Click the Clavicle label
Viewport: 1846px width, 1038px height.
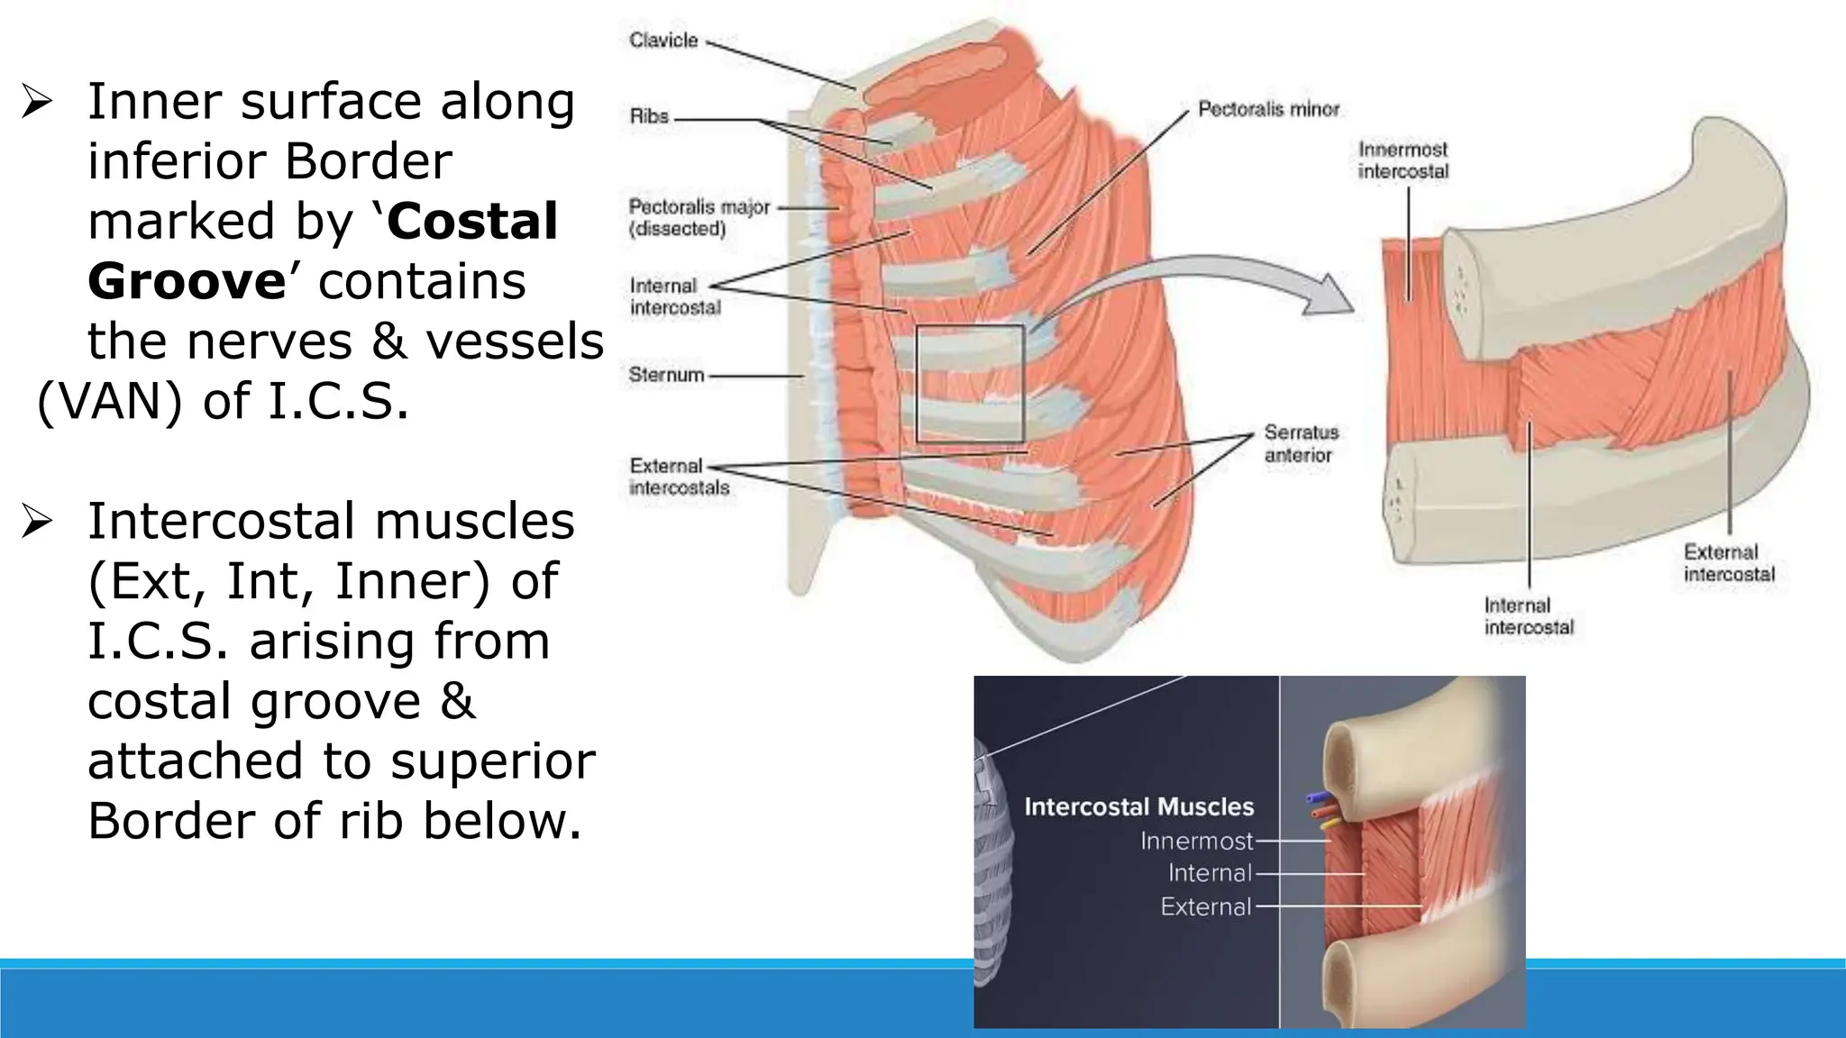[x=663, y=41]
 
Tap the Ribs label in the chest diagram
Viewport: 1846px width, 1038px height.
[x=649, y=116]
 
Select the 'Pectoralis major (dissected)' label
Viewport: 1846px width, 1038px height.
[x=699, y=217]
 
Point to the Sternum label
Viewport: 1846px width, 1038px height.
[x=666, y=375]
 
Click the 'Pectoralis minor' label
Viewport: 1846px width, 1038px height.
[x=1268, y=109]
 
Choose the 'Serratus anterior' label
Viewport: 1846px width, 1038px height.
[x=1300, y=443]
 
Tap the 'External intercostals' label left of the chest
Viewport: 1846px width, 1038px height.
[x=679, y=477]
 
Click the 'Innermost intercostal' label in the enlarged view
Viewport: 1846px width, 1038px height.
[x=1403, y=160]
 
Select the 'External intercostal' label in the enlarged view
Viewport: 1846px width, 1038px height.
[x=1728, y=563]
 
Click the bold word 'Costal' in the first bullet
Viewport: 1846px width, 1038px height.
[x=473, y=221]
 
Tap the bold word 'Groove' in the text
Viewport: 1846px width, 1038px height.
[x=187, y=281]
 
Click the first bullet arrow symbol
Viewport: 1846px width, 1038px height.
[x=37, y=101]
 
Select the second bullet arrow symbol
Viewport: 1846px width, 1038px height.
[x=37, y=521]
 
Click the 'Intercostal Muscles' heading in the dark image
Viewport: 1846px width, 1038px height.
[x=1138, y=806]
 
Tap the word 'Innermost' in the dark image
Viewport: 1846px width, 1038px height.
[x=1196, y=841]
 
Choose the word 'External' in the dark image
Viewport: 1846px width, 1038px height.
[x=1205, y=906]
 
